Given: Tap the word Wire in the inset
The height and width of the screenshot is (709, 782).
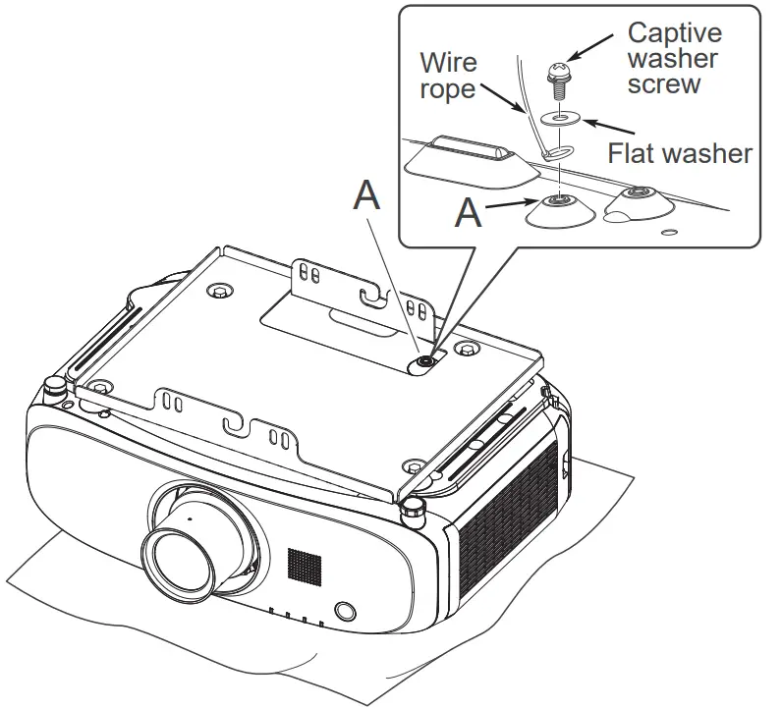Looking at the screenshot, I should [448, 63].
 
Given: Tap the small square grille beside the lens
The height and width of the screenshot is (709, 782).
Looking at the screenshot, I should [304, 563].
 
